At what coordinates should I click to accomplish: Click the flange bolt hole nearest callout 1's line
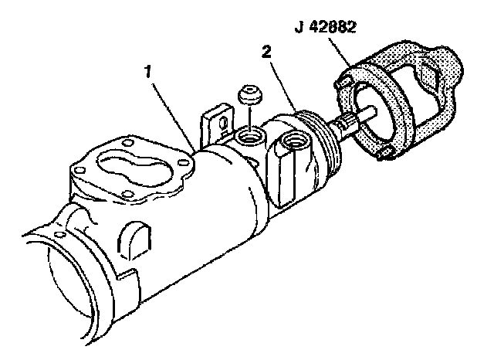click(182, 162)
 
